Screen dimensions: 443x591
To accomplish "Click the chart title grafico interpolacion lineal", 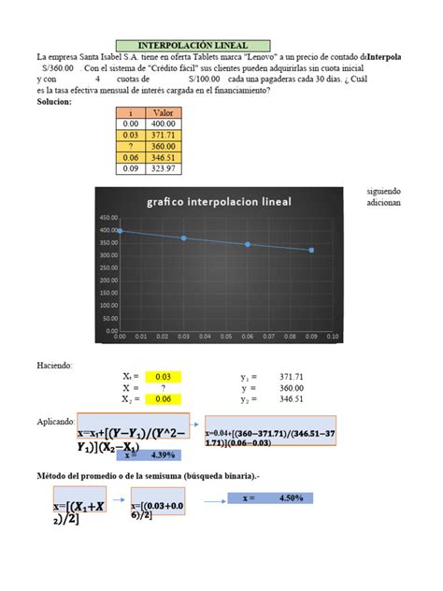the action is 218,202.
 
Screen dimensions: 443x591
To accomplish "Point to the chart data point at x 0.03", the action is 183,238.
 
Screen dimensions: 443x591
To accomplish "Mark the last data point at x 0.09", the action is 311,250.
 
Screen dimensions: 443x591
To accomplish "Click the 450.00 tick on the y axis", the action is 108,217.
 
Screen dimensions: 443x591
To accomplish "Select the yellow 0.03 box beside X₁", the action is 162,376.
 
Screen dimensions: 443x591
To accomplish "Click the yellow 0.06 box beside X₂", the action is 162,398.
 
